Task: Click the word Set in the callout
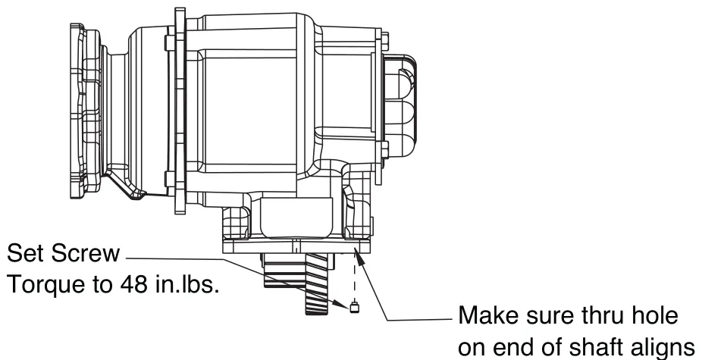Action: coord(26,253)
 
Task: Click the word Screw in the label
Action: coord(85,253)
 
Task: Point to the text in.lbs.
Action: coord(187,284)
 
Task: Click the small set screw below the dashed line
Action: coord(354,307)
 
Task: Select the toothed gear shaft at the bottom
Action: coord(318,283)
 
